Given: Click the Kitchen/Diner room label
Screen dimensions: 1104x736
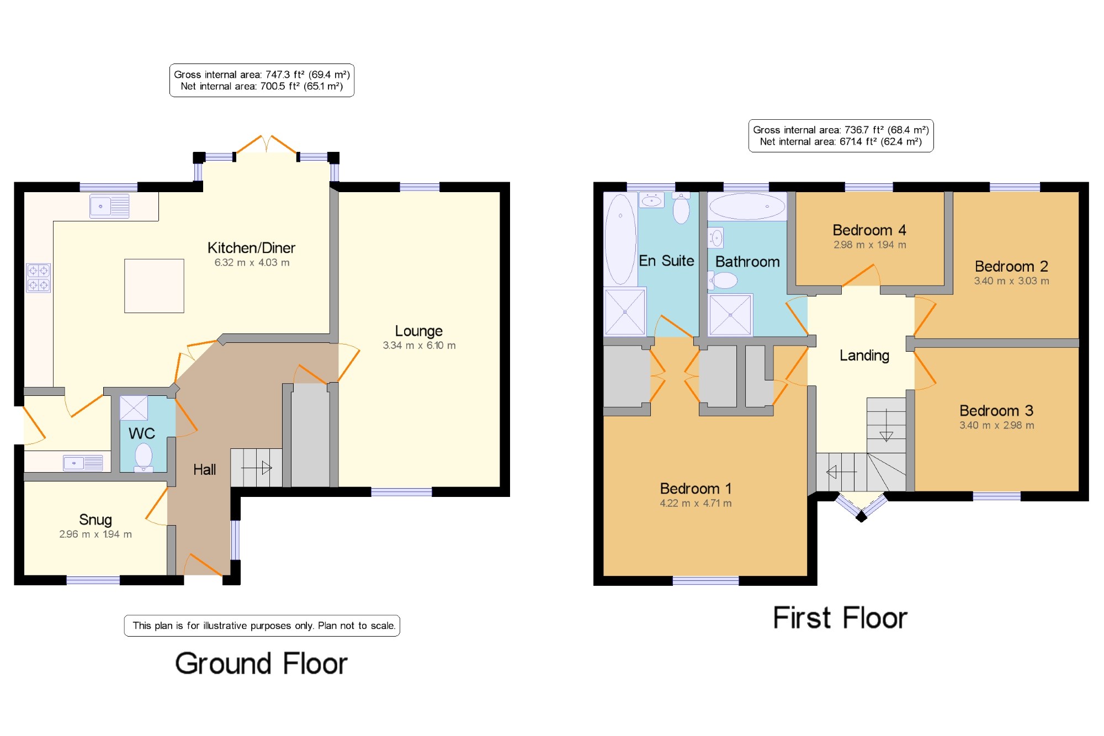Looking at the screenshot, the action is (251, 248).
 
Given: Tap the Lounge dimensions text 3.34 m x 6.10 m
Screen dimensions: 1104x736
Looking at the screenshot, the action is (420, 346).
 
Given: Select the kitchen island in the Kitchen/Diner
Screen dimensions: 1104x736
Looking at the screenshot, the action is (154, 286).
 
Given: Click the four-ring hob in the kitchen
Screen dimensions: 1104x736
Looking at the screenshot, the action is (39, 278).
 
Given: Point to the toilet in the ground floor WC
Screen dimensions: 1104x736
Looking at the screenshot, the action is (144, 458).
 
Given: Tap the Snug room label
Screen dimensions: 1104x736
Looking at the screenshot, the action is (95, 520).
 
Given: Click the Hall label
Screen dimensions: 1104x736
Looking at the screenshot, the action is (204, 469).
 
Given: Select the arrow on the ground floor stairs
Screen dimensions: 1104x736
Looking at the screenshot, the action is (256, 468).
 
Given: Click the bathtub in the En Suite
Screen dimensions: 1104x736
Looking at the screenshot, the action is (620, 239).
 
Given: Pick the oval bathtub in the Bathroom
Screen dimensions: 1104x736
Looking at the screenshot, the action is (747, 206).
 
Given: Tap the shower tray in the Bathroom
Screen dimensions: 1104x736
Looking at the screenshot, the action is (730, 315).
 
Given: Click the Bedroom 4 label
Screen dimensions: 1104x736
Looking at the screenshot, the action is (869, 230).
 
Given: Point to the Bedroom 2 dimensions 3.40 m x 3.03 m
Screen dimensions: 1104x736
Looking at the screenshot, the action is (1012, 281).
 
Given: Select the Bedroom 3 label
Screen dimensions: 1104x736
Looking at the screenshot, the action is (996, 411).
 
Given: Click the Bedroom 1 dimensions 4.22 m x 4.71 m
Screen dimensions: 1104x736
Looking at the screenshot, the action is (696, 504).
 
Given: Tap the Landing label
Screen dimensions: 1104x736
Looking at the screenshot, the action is (864, 356).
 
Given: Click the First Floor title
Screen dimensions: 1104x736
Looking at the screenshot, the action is (840, 618).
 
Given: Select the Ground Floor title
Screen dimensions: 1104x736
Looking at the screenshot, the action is (262, 664).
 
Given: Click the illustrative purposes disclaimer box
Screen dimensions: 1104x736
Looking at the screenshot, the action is (262, 626).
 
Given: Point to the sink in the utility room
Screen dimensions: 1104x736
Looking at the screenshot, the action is (83, 463).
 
